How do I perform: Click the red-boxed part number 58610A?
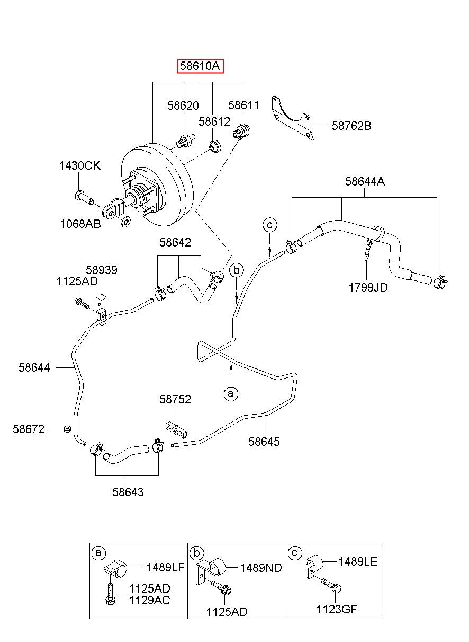pyautogui.click(x=200, y=66)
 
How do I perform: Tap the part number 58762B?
pyautogui.click(x=351, y=126)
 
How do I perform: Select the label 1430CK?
pyautogui.click(x=80, y=165)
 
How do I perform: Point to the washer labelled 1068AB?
pyautogui.click(x=125, y=221)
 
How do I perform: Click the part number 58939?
pyautogui.click(x=102, y=270)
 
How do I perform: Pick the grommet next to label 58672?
pyautogui.click(x=67, y=429)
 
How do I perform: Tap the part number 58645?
pyautogui.click(x=264, y=442)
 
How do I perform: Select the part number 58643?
pyautogui.click(x=128, y=492)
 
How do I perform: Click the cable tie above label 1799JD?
pyautogui.click(x=369, y=249)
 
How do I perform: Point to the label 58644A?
pyautogui.click(x=365, y=181)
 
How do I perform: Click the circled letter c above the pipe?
pyautogui.click(x=270, y=225)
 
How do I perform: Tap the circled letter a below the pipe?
pyautogui.click(x=231, y=393)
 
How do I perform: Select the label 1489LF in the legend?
pyautogui.click(x=165, y=567)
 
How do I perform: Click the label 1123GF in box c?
pyautogui.click(x=337, y=609)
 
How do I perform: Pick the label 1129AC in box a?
pyautogui.click(x=149, y=600)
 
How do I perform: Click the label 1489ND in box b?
pyautogui.click(x=261, y=568)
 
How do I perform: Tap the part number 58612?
pyautogui.click(x=214, y=122)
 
